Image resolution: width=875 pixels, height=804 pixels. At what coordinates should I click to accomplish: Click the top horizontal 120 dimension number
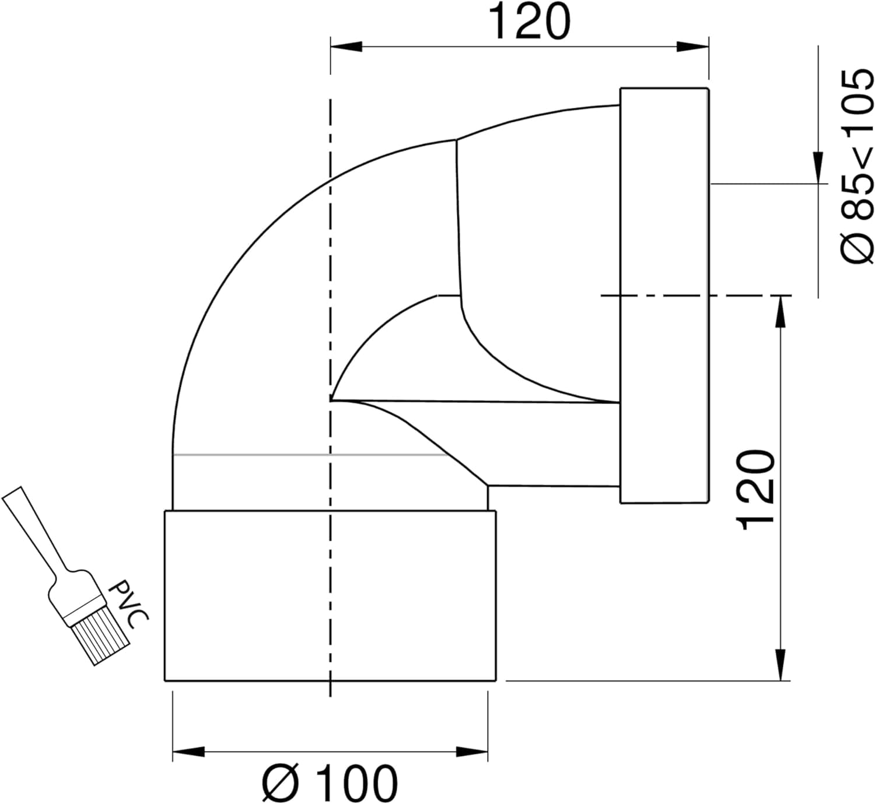tap(530, 22)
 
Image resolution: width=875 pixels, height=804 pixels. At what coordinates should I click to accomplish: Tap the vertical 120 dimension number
tap(755, 490)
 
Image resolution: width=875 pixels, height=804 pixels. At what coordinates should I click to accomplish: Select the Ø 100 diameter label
tap(330, 782)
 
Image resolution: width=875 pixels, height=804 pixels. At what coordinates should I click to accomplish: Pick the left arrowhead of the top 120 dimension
tap(346, 47)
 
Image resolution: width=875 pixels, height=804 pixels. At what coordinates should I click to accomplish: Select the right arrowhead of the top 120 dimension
tap(692, 47)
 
